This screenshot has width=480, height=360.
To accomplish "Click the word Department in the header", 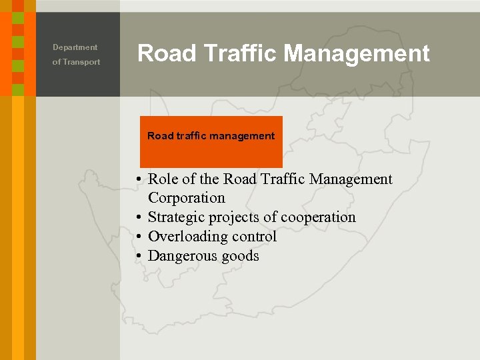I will coord(75,47).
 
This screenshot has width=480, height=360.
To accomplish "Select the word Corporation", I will coord(187,198).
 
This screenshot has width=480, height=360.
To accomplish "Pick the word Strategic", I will coord(176,217).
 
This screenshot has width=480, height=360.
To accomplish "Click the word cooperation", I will coord(318,217).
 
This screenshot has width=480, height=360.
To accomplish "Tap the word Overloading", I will coord(183,237).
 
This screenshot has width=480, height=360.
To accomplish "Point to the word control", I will coord(253,237).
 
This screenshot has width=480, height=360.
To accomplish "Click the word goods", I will coord(239,257).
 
